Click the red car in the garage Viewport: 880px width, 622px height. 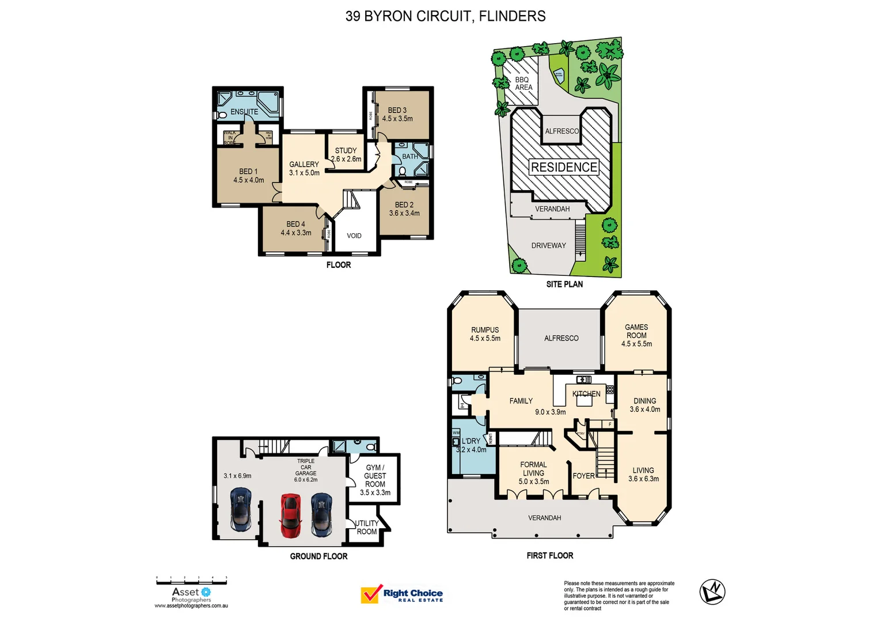coord(291,515)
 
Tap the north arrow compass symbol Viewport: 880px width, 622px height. coord(712,591)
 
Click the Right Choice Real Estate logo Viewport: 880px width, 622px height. coord(402,594)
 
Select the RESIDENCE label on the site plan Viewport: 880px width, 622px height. coord(564,167)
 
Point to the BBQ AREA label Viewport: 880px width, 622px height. coord(523,84)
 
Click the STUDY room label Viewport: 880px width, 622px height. coord(346,150)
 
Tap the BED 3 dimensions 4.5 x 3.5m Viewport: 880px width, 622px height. coord(397,119)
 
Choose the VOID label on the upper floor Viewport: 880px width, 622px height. coord(354,236)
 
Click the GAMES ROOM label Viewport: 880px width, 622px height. coord(636,331)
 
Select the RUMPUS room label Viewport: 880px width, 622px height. coord(485,330)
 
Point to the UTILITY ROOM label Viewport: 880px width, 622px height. coord(367,528)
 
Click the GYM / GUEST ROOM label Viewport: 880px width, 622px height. coord(375,476)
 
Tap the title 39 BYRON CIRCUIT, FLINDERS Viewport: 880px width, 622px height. coord(445,16)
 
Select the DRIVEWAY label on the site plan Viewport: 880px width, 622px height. coord(548,245)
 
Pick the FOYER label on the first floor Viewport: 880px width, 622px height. coord(583,476)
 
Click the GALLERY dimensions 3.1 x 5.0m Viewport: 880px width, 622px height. coord(304,173)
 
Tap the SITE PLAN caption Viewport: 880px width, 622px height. coord(564,284)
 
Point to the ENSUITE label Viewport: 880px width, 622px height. coord(244,112)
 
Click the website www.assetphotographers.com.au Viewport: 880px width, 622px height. coord(191,606)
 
